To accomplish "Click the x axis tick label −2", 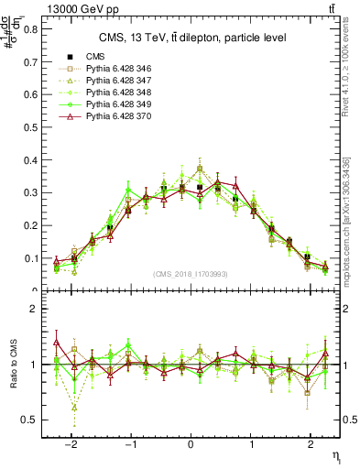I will pyautogui.click(x=72, y=441).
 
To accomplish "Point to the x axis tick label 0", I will pyautogui.click(x=190, y=441).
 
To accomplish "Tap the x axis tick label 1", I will pyautogui.click(x=249, y=441).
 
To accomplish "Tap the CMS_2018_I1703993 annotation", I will pyautogui.click(x=191, y=275).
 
